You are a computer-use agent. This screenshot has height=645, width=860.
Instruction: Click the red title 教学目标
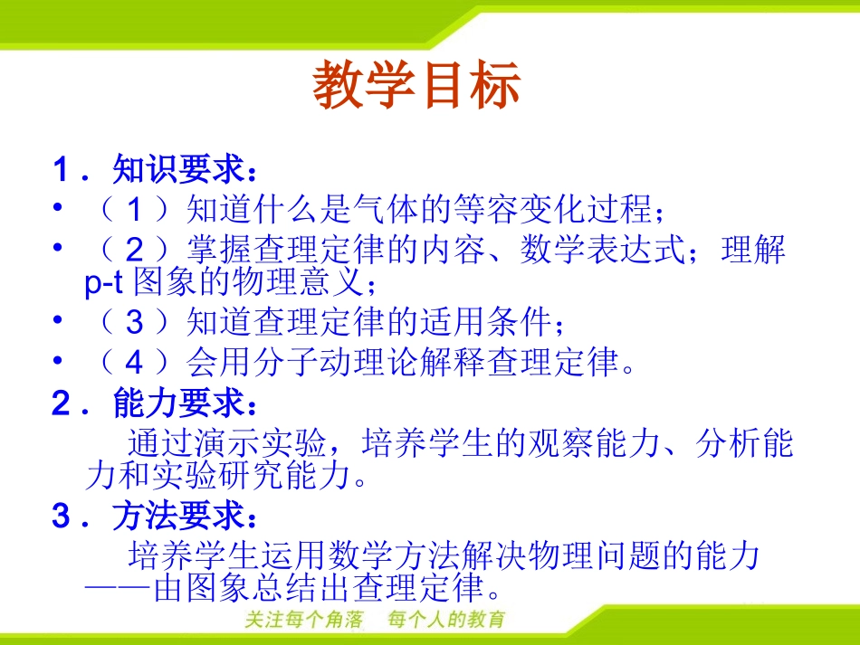pyautogui.click(x=417, y=87)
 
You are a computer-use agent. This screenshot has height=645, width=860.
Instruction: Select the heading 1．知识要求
pyautogui.click(x=155, y=169)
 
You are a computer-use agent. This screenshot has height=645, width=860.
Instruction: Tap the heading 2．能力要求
pyautogui.click(x=155, y=404)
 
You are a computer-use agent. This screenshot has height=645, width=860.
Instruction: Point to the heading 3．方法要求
pyautogui.click(x=155, y=517)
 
